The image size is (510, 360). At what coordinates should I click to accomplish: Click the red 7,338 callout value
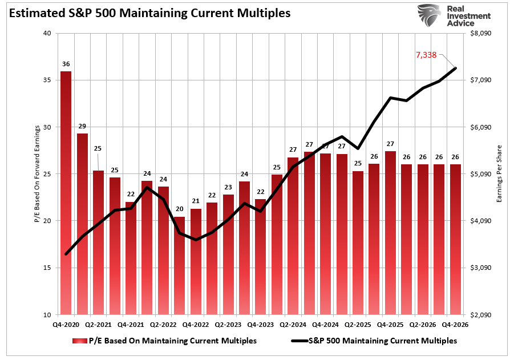pyautogui.click(x=426, y=55)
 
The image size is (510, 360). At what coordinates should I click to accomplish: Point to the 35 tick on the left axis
pyautogui.click(x=47, y=80)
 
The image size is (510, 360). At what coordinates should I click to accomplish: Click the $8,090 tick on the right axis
pyautogui.click(x=479, y=34)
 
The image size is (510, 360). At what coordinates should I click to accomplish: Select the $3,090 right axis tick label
pyautogui.click(x=479, y=268)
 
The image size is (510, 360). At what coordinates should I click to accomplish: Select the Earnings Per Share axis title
pyautogui.click(x=499, y=174)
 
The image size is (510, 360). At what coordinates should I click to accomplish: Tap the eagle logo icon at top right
pyautogui.click(x=429, y=15)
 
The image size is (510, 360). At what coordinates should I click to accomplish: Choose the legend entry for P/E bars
pyautogui.click(x=165, y=341)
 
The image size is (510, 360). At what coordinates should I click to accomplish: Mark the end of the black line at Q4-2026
pyautogui.click(x=455, y=68)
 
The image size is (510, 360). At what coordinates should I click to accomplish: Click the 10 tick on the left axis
pyautogui.click(x=47, y=315)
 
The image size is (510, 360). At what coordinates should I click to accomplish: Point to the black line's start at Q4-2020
pyautogui.click(x=66, y=254)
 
